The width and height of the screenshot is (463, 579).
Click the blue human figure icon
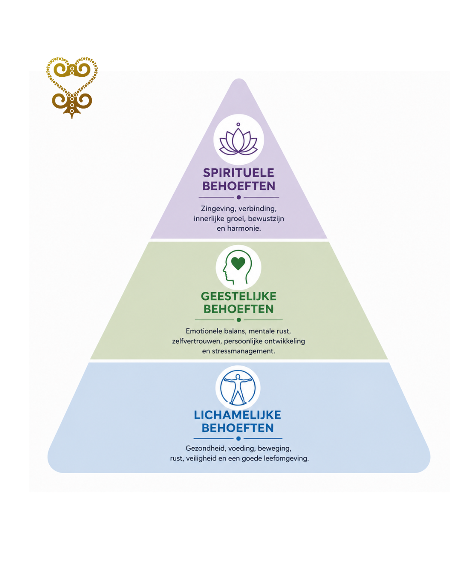(x=238, y=388)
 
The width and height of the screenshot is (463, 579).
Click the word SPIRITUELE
(x=238, y=173)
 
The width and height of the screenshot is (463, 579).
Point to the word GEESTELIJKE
(x=239, y=296)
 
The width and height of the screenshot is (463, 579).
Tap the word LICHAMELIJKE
(x=238, y=415)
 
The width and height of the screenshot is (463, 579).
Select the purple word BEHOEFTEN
(x=239, y=186)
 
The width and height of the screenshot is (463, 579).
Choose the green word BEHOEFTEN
(x=238, y=309)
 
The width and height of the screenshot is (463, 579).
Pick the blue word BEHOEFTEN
(x=238, y=428)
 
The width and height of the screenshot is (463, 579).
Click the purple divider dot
(x=239, y=197)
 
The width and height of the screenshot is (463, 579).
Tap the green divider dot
(x=239, y=320)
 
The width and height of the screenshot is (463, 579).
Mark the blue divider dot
(x=238, y=439)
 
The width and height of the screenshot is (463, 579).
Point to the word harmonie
(x=244, y=229)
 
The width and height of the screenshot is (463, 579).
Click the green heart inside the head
(x=238, y=263)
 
